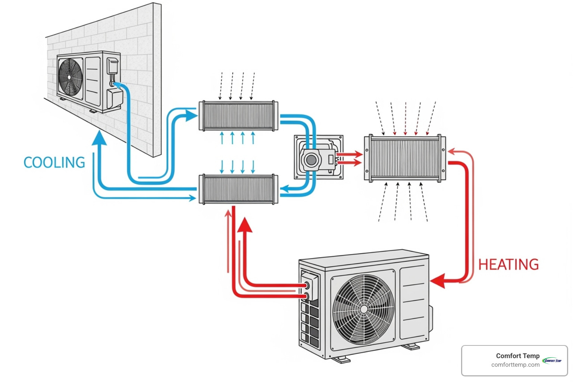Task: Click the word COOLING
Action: pyautogui.click(x=54, y=163)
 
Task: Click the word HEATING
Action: pyautogui.click(x=508, y=264)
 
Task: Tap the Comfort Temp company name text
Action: pyautogui.click(x=517, y=356)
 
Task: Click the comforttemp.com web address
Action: pyautogui.click(x=515, y=365)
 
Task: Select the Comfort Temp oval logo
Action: pyautogui.click(x=552, y=360)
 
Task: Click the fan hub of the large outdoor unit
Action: pyautogui.click(x=363, y=309)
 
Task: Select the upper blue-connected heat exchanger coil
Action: pyautogui.click(x=238, y=116)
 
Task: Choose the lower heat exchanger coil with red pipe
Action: pyautogui.click(x=238, y=190)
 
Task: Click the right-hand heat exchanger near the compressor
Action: pyautogui.click(x=405, y=159)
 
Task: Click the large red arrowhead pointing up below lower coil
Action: pyautogui.click(x=245, y=225)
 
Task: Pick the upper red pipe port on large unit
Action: pyautogui.click(x=307, y=286)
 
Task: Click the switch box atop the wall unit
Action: pyautogui.click(x=112, y=65)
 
